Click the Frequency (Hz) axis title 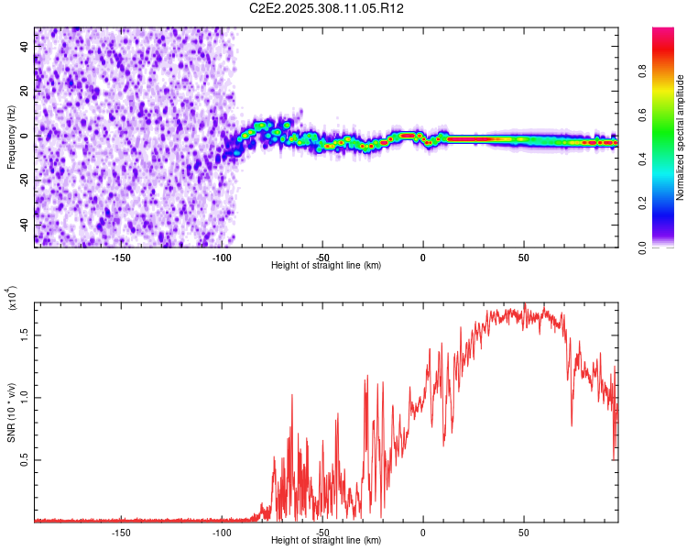(11, 137)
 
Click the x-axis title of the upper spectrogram (326, 265)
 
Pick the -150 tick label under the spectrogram (122, 257)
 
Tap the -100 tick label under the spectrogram (223, 257)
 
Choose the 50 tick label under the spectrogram (523, 257)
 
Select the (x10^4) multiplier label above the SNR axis (13, 298)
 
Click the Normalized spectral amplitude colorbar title (681, 137)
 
